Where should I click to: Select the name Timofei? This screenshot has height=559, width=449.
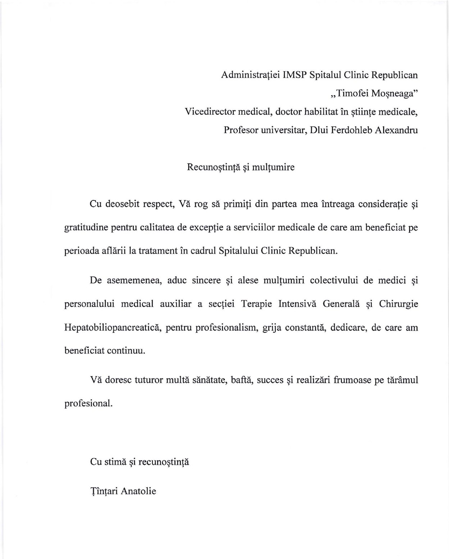(352, 94)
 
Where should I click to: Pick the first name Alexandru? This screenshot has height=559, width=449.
(396, 130)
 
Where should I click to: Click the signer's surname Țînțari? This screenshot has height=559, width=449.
(104, 491)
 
